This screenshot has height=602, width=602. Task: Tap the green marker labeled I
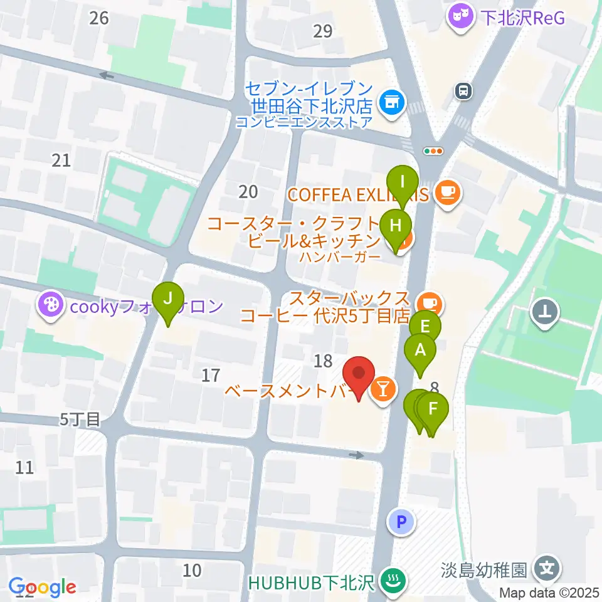click(402, 183)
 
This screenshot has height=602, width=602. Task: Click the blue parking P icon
click(401, 520)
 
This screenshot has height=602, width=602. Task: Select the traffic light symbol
click(433, 150)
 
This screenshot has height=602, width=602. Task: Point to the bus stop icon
click(463, 91)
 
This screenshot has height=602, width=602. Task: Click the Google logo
click(42, 588)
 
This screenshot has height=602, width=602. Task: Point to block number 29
click(322, 31)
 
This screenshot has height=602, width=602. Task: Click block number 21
click(61, 161)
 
